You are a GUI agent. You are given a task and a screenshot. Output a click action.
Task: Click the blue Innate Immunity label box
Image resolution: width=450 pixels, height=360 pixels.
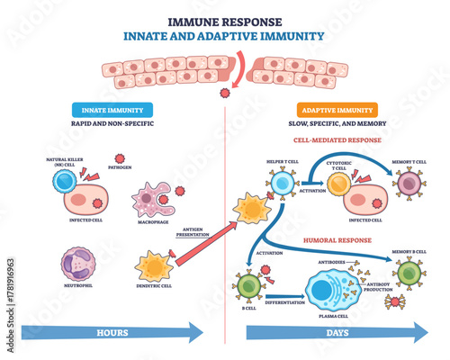coord(111,109)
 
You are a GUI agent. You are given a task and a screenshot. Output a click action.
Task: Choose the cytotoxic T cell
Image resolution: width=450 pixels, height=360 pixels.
coord(340,185)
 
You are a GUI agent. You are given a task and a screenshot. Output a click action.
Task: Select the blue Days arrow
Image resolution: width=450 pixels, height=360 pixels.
coord(333,332)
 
